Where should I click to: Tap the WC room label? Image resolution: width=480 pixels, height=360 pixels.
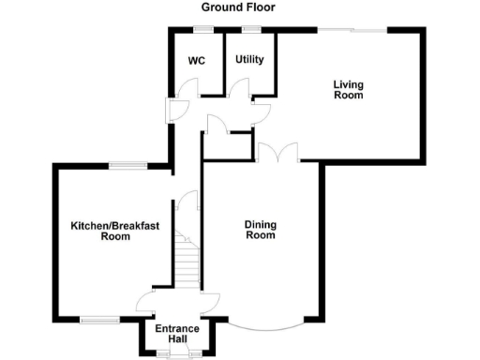pyautogui.click(x=197, y=61)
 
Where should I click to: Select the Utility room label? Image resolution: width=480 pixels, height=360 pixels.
pyautogui.click(x=249, y=60)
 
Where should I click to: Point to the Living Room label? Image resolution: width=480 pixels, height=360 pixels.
pyautogui.click(x=349, y=89)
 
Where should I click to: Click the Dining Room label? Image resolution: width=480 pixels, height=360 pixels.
pyautogui.click(x=261, y=230)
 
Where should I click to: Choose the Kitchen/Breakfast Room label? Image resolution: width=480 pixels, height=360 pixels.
pyautogui.click(x=114, y=231)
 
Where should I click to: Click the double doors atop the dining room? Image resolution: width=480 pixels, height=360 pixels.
pyautogui.click(x=277, y=154)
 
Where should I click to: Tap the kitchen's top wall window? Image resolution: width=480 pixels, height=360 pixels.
pyautogui.click(x=127, y=165)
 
